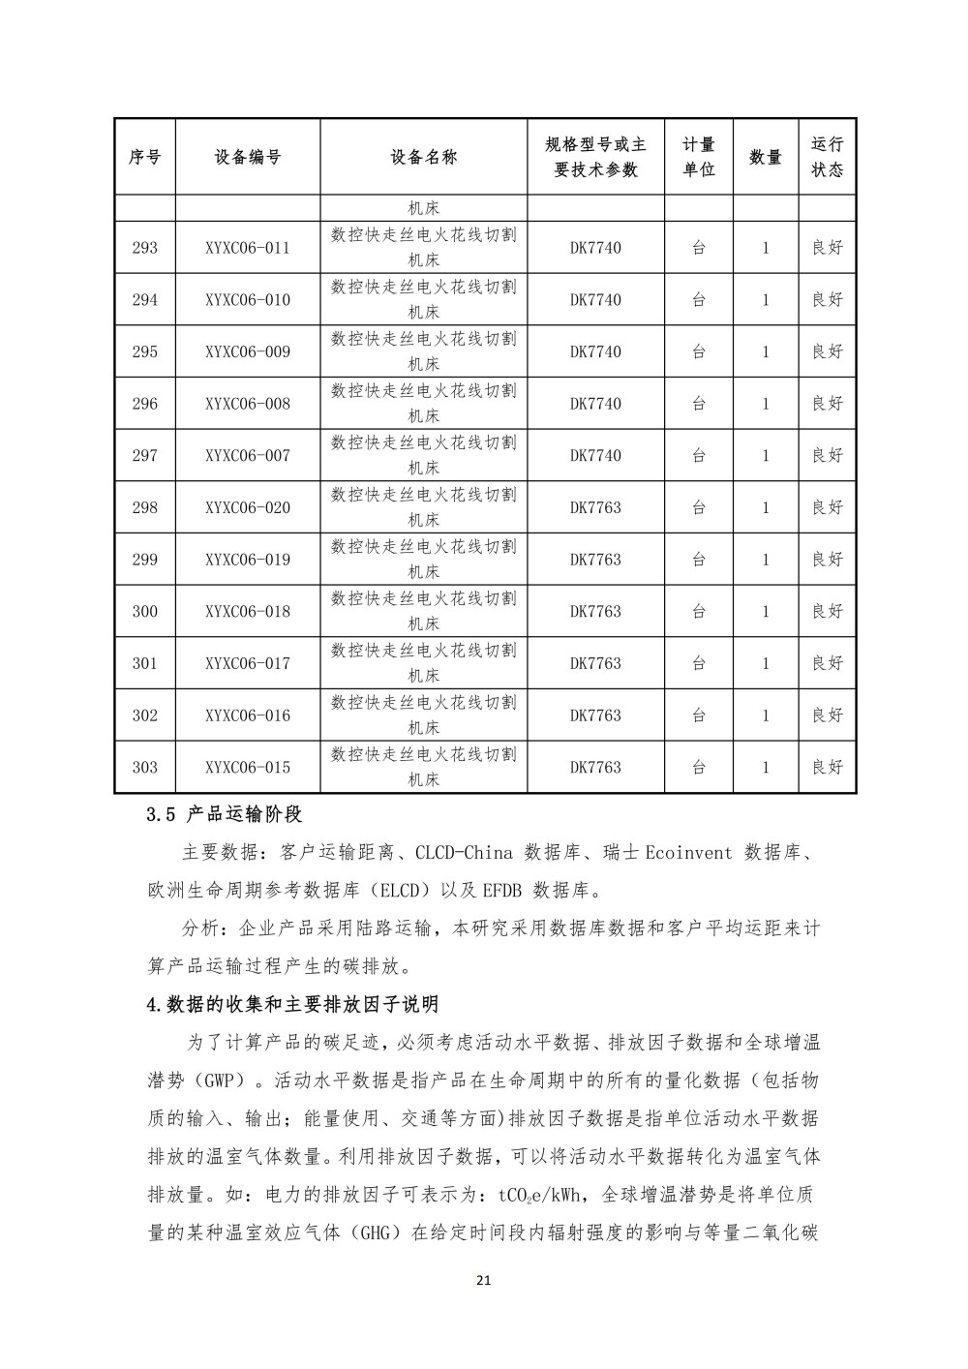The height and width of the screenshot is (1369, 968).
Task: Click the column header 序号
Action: tap(144, 157)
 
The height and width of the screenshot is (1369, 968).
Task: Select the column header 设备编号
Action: tap(248, 157)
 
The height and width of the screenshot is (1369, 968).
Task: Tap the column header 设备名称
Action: tap(424, 157)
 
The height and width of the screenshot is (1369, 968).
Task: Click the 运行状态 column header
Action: tap(827, 157)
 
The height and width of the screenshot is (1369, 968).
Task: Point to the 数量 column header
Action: tap(765, 157)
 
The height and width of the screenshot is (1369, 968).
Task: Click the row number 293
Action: tap(144, 248)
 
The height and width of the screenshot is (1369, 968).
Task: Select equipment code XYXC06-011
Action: tap(248, 248)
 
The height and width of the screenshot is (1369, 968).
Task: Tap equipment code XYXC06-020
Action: tap(248, 507)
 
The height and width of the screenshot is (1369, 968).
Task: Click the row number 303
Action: tap(144, 768)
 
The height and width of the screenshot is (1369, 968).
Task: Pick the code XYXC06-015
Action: tap(248, 768)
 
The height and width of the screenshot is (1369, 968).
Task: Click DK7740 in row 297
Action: tap(595, 456)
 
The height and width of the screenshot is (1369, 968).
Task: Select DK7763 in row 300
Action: tap(595, 612)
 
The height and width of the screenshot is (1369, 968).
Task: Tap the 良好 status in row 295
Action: tap(827, 351)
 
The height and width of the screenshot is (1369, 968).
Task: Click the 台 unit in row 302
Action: tap(699, 715)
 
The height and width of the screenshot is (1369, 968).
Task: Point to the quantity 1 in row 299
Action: tap(765, 560)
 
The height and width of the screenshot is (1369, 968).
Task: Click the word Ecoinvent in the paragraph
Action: tap(688, 853)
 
